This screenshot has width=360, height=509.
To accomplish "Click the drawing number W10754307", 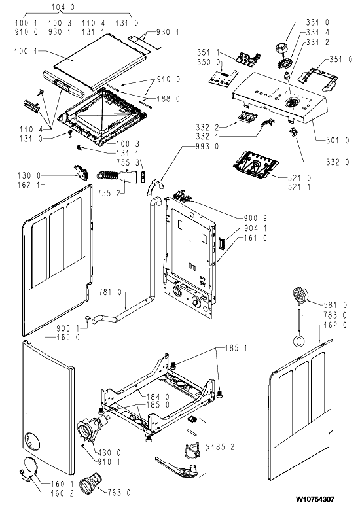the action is [x=314, y=499].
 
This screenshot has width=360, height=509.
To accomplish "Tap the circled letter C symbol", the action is [x=298, y=341].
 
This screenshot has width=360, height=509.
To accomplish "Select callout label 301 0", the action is [x=337, y=140].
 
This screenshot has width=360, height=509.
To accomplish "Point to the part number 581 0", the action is [x=335, y=305].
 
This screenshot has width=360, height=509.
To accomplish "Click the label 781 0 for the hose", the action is [x=110, y=292].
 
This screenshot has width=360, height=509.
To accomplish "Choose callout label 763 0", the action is [x=119, y=493].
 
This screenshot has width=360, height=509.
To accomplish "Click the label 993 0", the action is [x=207, y=147].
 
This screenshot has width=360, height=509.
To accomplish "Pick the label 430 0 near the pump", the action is [x=109, y=453].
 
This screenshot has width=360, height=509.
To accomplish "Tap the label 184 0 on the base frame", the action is [x=158, y=396].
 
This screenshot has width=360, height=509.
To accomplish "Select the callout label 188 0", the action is [x=168, y=99].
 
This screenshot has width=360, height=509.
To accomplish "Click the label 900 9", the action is [x=255, y=218].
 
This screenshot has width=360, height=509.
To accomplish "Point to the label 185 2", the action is [x=223, y=447].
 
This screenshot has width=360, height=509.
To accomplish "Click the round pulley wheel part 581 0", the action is [x=300, y=296].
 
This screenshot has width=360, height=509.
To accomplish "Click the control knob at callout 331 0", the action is [x=281, y=48].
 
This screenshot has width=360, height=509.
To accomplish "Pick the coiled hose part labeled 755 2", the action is [x=116, y=176].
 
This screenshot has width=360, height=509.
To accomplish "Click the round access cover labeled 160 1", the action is [x=30, y=466].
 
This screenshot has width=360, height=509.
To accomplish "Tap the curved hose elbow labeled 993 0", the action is [x=154, y=188].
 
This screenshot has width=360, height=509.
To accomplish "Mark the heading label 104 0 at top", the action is [x=63, y=7].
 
